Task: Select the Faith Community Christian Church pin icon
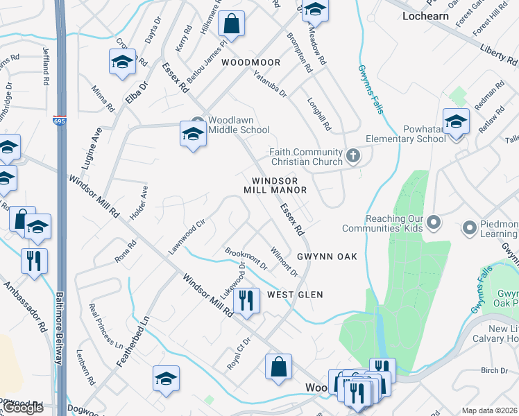[x=354, y=156]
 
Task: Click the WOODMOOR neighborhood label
[x=251, y=62]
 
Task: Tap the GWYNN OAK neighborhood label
[x=327, y=257]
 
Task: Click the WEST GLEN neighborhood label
[x=296, y=295]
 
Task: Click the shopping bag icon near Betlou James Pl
[x=232, y=24]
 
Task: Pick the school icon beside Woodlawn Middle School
[x=193, y=133]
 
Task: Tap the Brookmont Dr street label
[x=246, y=259]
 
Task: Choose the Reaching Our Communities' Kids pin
[x=434, y=223]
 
